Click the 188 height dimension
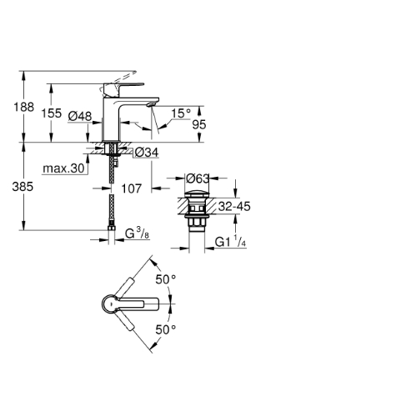click(x=24, y=107)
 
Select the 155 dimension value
click(x=52, y=113)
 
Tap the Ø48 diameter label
click(x=80, y=116)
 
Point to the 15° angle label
click(x=181, y=113)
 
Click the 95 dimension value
click(x=199, y=124)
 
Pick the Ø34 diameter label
click(x=147, y=153)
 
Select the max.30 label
click(x=63, y=168)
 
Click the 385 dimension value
click(x=23, y=187)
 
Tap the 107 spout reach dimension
click(x=132, y=188)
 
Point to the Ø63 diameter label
click(x=198, y=178)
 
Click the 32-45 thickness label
click(x=234, y=206)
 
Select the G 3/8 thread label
click(x=137, y=234)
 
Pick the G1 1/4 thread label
click(x=230, y=241)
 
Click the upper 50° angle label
click(x=166, y=279)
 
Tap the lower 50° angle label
click(x=166, y=329)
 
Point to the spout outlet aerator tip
click(x=150, y=104)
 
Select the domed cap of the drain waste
click(x=197, y=193)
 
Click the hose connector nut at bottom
click(x=112, y=228)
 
